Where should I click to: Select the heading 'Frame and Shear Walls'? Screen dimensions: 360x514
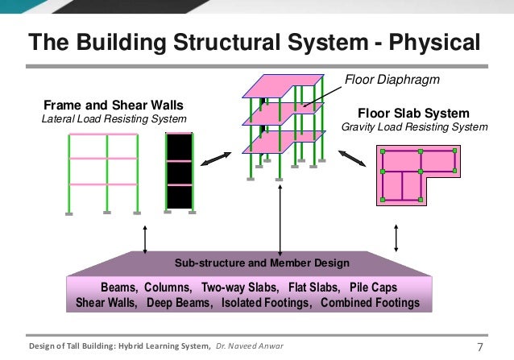pos(113,106)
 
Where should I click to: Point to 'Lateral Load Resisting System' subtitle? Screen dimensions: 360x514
pos(114,119)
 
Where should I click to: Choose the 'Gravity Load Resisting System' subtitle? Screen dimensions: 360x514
pos(414,126)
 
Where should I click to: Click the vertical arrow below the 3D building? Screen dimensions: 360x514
pos(280,221)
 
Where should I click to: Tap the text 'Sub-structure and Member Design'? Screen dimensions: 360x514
pos(262,263)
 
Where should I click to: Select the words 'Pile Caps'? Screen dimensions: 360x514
pos(373,288)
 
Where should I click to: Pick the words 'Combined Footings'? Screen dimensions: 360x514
pos(370,304)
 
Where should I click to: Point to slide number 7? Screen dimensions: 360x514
pos(481,347)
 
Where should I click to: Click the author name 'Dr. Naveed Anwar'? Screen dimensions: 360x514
pos(249,347)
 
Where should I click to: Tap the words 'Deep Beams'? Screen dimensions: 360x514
pos(180,304)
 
